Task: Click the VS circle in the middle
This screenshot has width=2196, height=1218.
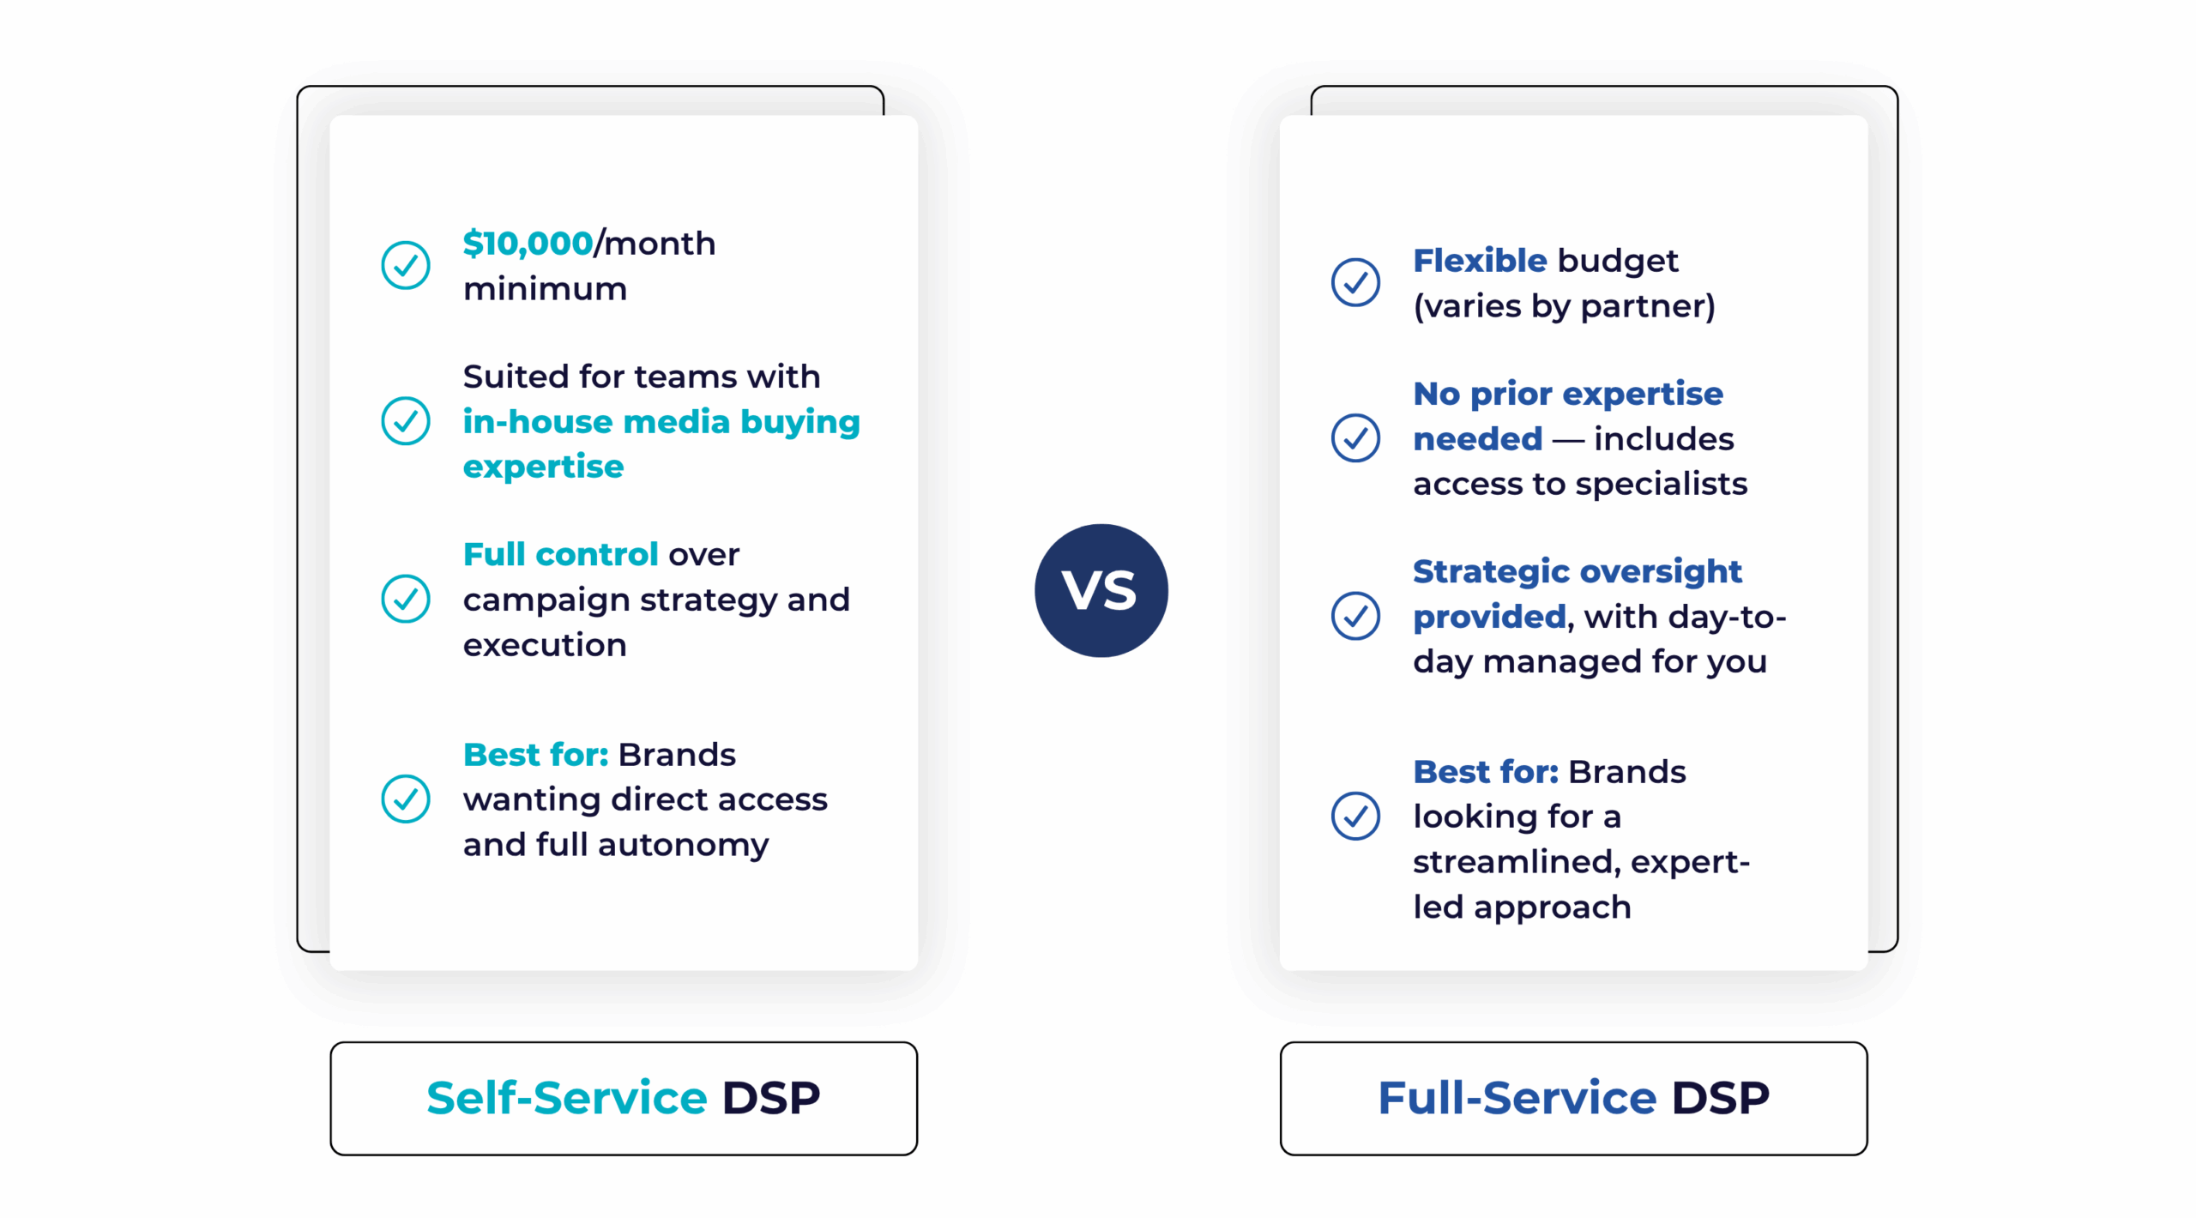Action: point(1101,590)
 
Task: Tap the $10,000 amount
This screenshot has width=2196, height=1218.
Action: point(527,244)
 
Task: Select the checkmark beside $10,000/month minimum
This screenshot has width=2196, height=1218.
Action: point(405,265)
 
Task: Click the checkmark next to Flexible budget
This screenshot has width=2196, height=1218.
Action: point(1354,282)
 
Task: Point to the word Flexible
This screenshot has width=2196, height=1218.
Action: point(1479,261)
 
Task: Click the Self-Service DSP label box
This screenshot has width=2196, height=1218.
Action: point(623,1098)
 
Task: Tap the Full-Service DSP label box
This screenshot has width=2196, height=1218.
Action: point(1572,1098)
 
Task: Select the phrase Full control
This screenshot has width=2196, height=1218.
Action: point(560,555)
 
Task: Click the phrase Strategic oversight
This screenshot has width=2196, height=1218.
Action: point(1576,572)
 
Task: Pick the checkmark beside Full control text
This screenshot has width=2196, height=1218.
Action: point(405,599)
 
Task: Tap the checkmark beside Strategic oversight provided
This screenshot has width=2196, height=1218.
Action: point(1354,616)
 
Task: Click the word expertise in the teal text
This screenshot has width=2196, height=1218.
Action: point(543,467)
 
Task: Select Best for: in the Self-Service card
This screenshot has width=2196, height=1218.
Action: point(535,755)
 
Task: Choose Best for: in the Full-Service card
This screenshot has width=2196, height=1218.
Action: point(1485,772)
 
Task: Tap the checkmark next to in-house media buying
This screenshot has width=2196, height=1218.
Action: point(405,421)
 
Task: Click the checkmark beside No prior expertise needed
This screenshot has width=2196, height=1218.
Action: point(1354,438)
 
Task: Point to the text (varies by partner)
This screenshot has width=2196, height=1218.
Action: point(1563,306)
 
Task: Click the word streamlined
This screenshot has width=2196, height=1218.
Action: point(1516,862)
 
